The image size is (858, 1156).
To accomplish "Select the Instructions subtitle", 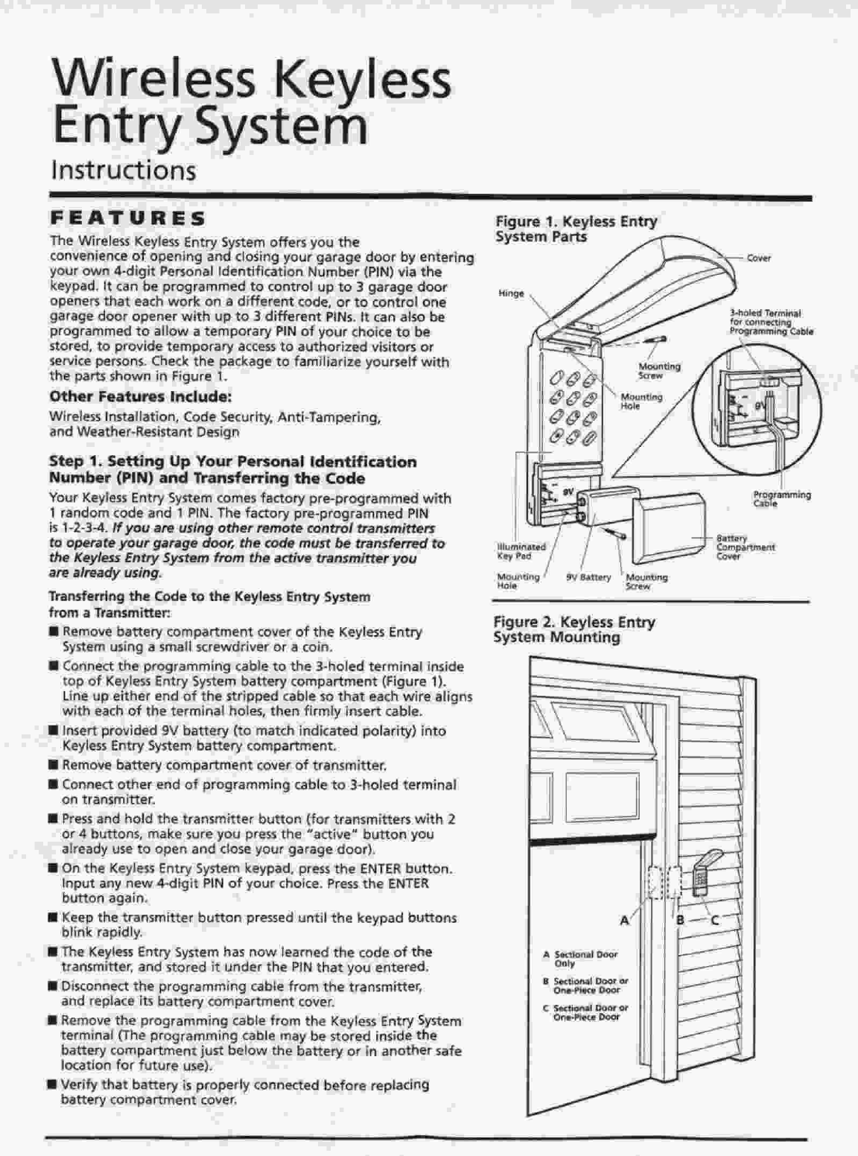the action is tap(123, 170).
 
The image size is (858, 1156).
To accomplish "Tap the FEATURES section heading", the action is tap(127, 218).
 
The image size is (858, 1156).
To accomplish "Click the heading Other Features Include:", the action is tap(140, 396).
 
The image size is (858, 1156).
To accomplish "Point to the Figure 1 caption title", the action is tap(576, 229).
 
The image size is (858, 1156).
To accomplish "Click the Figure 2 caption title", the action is tap(574, 629).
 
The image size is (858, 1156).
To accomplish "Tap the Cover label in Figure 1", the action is tap(759, 258).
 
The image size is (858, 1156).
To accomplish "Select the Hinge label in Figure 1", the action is tap(511, 293).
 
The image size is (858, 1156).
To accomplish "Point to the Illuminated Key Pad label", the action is tap(521, 551).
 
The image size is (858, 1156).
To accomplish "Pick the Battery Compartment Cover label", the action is tap(745, 547).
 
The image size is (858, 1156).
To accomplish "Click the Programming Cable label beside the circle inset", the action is tap(781, 499).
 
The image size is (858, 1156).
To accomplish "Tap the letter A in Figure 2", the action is tap(625, 921).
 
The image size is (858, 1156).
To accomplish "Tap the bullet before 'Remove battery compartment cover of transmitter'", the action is tap(53, 765).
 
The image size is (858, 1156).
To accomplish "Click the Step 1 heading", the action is tap(232, 470).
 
